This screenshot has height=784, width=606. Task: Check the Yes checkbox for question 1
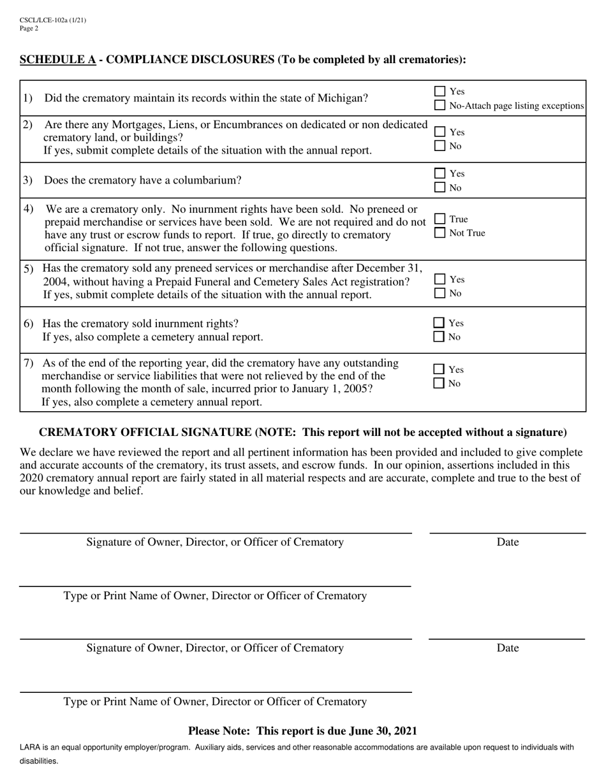coord(440,92)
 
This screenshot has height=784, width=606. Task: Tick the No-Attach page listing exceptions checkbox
coord(440,105)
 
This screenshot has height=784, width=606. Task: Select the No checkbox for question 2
coord(440,146)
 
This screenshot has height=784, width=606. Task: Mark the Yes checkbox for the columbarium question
coord(440,173)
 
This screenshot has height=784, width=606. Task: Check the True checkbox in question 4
coord(440,219)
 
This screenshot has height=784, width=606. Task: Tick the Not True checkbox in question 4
coord(440,233)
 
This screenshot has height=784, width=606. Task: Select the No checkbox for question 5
coord(440,293)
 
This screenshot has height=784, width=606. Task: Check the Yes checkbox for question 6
coord(440,323)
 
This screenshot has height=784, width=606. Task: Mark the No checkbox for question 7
coord(440,383)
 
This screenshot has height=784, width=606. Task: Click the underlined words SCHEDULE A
coord(58,60)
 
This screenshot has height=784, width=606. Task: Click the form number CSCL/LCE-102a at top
coord(44,20)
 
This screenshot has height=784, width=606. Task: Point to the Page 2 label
coord(29,28)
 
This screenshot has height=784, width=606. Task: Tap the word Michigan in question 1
coord(340,99)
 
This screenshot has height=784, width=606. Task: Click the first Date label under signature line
coord(507,542)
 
